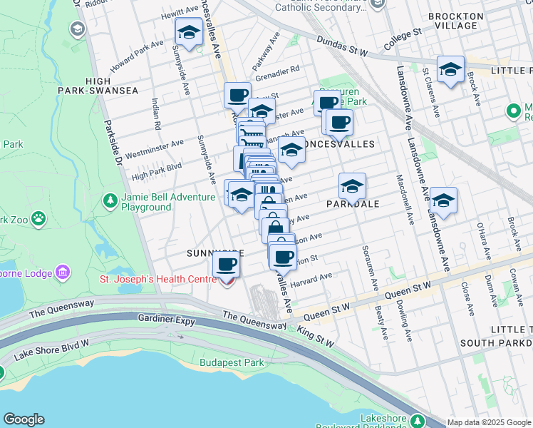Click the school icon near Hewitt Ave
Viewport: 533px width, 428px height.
point(189,32)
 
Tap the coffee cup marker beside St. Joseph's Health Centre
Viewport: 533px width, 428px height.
point(227,265)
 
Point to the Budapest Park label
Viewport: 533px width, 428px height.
point(232,362)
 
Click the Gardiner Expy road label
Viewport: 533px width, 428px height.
point(167,322)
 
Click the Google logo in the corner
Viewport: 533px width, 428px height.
point(24,419)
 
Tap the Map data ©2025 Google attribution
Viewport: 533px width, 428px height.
point(489,422)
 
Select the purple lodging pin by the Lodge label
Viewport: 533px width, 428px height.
point(62,272)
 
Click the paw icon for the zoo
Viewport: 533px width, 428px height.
point(38,217)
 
